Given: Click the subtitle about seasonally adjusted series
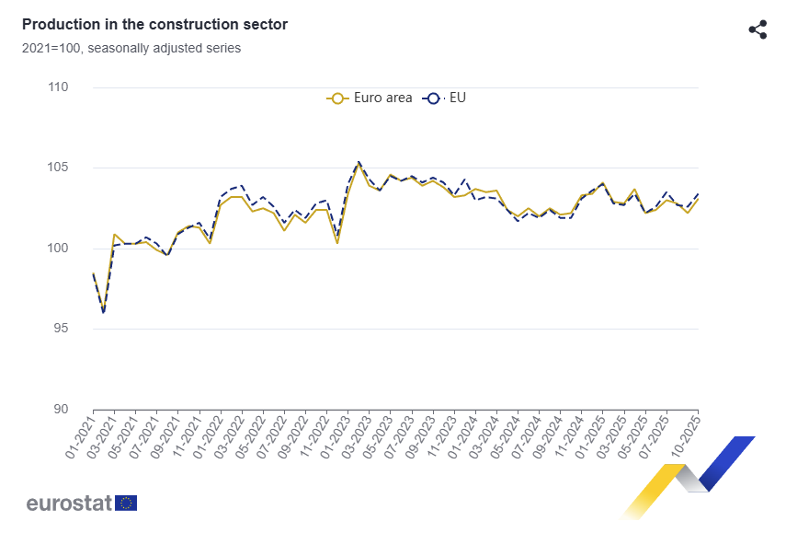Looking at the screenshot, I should [x=131, y=48].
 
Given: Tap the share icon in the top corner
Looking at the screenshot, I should [x=758, y=29].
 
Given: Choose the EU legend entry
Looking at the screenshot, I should [x=445, y=98].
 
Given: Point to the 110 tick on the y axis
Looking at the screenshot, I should [x=58, y=87].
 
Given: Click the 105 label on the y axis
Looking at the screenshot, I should [x=58, y=168].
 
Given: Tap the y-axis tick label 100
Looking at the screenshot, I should [x=58, y=249].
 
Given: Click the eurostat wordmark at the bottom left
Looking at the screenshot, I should [x=69, y=503].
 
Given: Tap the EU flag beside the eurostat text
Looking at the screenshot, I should [x=127, y=503].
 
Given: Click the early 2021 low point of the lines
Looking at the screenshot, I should [x=104, y=311].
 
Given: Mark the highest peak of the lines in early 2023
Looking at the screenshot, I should [x=358, y=163].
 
